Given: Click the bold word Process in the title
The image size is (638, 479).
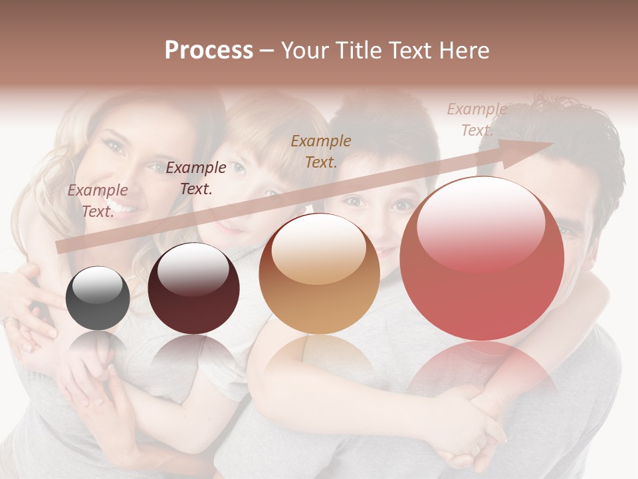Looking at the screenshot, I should click(x=209, y=51).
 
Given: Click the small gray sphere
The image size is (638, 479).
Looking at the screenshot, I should click(x=98, y=298).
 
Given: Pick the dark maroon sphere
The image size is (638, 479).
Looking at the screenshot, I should click(x=193, y=289).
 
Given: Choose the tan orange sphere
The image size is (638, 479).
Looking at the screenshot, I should click(x=319, y=274).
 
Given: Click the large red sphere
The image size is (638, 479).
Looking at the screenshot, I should click(x=482, y=258).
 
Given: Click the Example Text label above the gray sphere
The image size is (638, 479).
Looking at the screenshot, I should click(x=98, y=201).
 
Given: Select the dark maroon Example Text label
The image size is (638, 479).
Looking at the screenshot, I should click(x=196, y=178).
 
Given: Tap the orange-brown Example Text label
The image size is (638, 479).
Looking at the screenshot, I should click(x=321, y=151).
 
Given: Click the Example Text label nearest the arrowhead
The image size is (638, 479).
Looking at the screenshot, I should click(x=477, y=120).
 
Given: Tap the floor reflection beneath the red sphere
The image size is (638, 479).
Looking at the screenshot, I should click(x=482, y=373).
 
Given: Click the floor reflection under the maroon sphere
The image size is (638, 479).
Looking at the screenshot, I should click(x=193, y=356).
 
